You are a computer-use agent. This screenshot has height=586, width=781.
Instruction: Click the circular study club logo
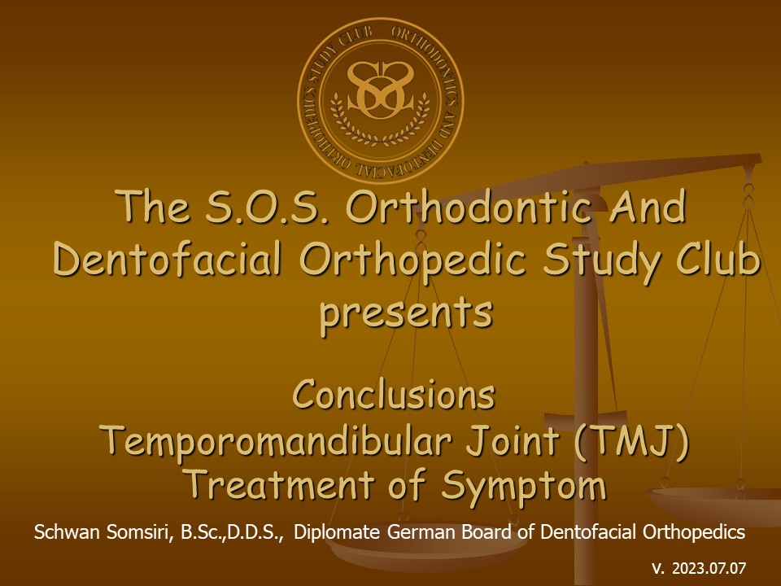coord(381,99)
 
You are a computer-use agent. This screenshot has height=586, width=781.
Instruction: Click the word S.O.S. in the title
coord(267,207)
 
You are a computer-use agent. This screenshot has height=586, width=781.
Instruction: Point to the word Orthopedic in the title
coord(412,260)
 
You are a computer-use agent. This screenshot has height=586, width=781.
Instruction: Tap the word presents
coord(406,313)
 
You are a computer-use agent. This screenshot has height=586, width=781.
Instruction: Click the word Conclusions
coord(394,394)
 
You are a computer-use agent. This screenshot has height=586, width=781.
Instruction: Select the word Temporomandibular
coord(278,441)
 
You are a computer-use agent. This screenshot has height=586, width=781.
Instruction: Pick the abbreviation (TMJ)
coord(631,440)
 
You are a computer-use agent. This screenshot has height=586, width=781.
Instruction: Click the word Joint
coord(512,440)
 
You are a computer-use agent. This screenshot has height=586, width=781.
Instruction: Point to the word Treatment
coord(281,483)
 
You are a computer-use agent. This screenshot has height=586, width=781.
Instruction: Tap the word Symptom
coord(523,486)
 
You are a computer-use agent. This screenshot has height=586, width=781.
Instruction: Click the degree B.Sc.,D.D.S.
coord(232,532)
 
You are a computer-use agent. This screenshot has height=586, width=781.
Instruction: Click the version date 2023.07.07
coord(709,568)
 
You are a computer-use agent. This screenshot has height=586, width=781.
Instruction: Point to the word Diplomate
coord(337,532)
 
